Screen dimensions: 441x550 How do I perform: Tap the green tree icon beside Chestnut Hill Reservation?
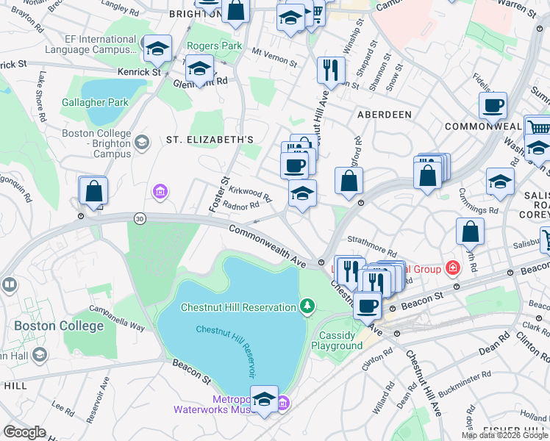[x=309, y=306]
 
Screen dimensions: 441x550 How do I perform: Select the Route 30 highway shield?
[x=140, y=218]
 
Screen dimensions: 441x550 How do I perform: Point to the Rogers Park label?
[x=215, y=46]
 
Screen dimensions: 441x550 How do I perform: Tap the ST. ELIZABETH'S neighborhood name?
[x=210, y=139]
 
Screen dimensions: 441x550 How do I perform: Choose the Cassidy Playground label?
[x=340, y=340]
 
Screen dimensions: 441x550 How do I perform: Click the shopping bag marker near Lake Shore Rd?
[x=93, y=191]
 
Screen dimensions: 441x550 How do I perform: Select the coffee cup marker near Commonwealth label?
[x=493, y=105]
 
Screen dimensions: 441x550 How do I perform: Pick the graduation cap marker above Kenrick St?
[x=157, y=49]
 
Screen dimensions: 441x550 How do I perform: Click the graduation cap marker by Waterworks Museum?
[x=265, y=399]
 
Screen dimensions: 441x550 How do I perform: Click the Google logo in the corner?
[x=24, y=432]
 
